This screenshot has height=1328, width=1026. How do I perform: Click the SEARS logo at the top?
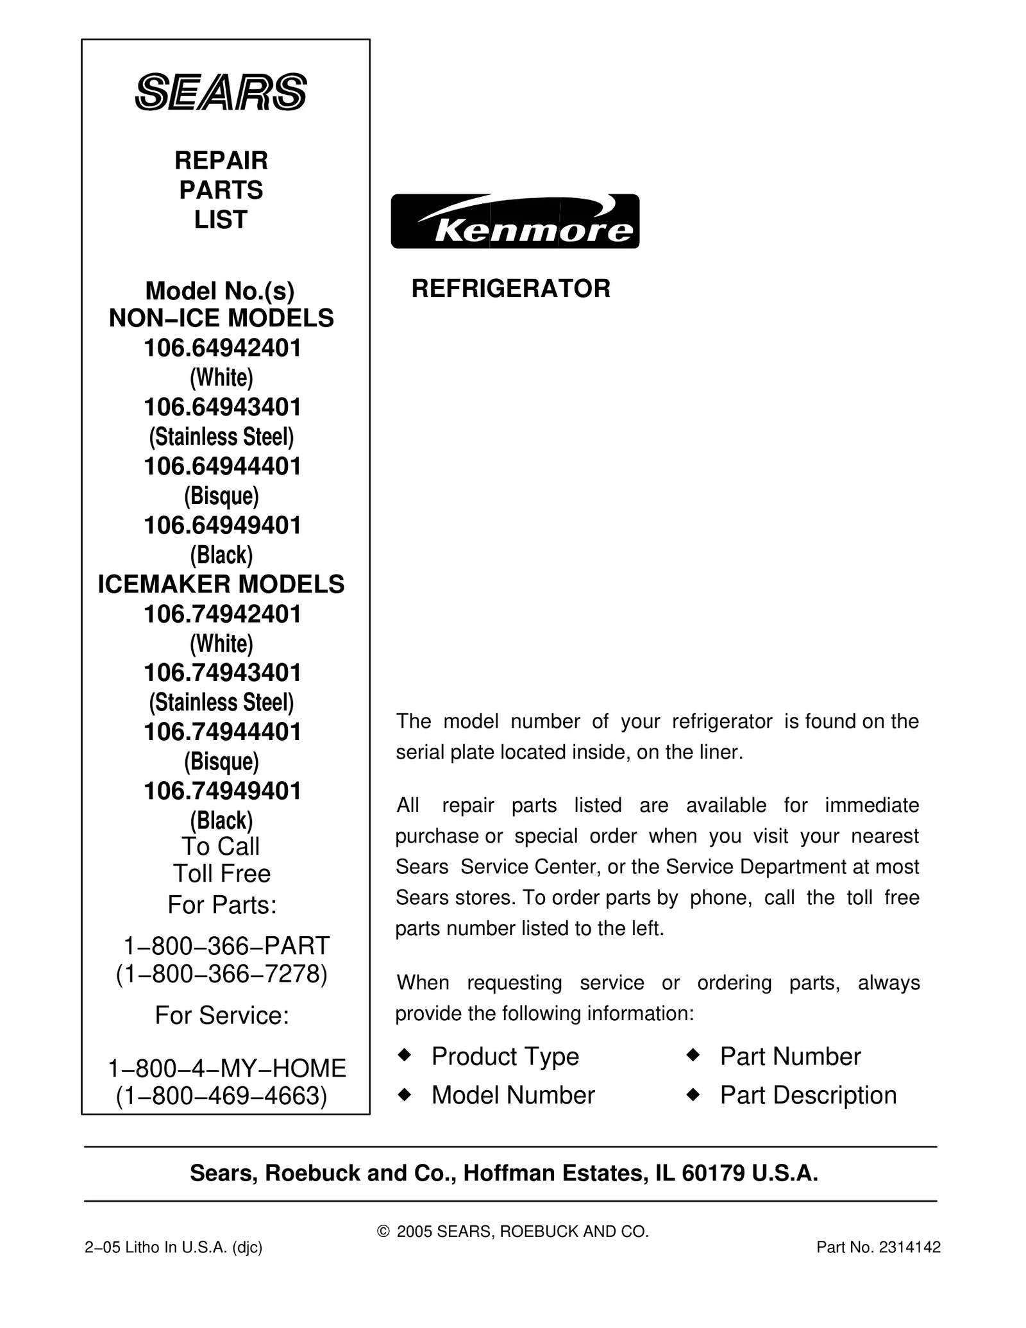click(x=221, y=92)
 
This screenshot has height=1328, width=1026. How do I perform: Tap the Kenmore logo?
click(x=515, y=221)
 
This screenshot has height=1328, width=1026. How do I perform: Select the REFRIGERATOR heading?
click(x=510, y=289)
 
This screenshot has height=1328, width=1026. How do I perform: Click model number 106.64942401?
click(x=222, y=348)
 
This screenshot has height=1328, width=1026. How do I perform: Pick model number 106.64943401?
click(x=222, y=407)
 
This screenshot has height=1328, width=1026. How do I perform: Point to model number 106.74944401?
click(x=222, y=732)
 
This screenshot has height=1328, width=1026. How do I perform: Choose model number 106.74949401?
click(x=222, y=791)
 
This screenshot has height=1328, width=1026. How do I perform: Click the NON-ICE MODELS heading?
click(x=221, y=319)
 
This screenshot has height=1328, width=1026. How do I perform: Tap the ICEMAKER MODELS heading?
click(x=221, y=584)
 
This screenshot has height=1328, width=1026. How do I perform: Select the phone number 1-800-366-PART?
click(x=226, y=946)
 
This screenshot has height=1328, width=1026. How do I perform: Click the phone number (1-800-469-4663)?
click(x=222, y=1096)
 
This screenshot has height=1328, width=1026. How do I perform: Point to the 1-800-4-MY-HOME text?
click(x=227, y=1068)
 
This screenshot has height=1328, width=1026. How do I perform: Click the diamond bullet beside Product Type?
click(x=404, y=1055)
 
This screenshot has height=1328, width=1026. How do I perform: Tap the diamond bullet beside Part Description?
click(x=693, y=1095)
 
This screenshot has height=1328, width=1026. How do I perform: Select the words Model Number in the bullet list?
click(x=513, y=1095)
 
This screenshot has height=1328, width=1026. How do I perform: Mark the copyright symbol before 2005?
click(x=383, y=1231)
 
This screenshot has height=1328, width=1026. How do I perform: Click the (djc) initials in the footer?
click(x=248, y=1247)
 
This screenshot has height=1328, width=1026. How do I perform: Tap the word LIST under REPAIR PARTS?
click(x=221, y=220)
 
